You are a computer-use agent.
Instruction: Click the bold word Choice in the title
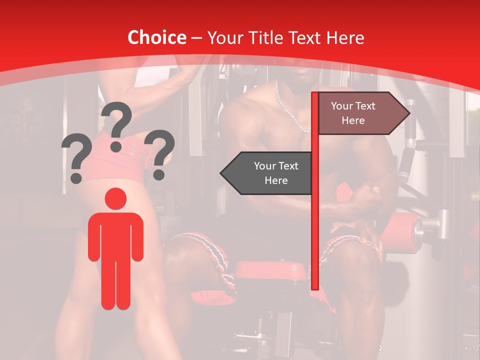[156, 38]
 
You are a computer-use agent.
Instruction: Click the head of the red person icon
[115, 199]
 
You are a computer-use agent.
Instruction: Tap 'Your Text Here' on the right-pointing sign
[353, 113]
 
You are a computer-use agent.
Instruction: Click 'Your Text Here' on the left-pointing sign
[276, 173]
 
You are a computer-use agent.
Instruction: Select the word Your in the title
[223, 38]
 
